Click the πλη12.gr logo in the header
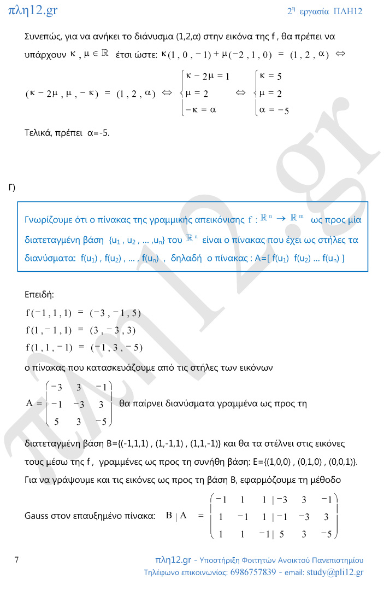click(33, 10)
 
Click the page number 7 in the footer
click(17, 560)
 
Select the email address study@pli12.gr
click(335, 573)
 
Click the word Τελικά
click(39, 132)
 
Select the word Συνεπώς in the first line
click(45, 37)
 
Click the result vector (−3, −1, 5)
click(115, 313)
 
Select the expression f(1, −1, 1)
click(49, 330)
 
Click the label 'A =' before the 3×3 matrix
click(34, 404)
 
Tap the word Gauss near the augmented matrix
click(37, 516)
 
